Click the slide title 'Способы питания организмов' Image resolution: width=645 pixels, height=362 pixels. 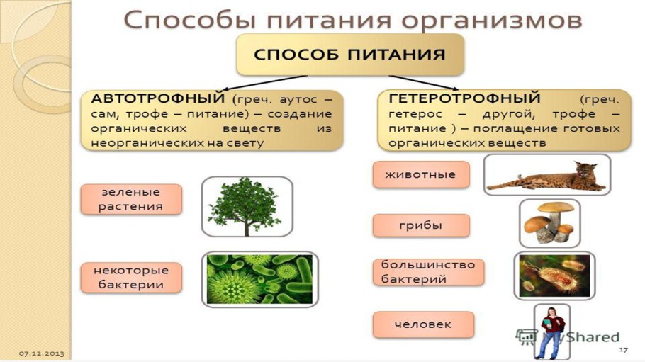[352, 19]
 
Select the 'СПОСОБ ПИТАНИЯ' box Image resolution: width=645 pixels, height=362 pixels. [350, 55]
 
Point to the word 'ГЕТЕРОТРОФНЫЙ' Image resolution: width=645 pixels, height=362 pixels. [464, 98]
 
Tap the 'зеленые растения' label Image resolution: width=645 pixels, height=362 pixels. [131, 199]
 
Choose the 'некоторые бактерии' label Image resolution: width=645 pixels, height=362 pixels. [131, 277]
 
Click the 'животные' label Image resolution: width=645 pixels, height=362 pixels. [420, 174]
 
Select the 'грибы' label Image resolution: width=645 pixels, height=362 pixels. [420, 225]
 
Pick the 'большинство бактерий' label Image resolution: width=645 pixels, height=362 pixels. [428, 272]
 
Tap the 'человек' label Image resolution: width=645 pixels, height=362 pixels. [422, 324]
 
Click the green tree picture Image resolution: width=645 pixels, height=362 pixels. [246, 206]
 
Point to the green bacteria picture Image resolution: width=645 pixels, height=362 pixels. [259, 279]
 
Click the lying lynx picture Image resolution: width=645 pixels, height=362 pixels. [546, 174]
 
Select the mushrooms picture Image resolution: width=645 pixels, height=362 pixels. [549, 222]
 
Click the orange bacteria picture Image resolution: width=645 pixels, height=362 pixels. [554, 275]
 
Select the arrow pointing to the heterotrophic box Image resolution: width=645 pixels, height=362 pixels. [425, 81]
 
